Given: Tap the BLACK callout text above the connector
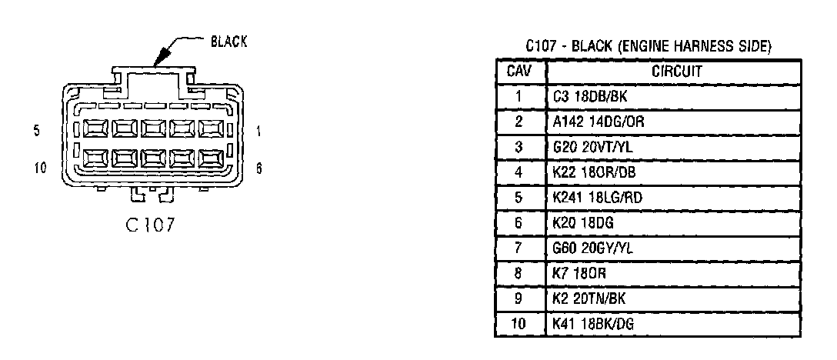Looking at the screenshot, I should tap(228, 42).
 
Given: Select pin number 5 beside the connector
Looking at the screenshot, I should tap(36, 132).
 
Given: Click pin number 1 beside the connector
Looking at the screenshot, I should tap(258, 132).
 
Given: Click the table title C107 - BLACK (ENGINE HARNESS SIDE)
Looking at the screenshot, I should tap(649, 47).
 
